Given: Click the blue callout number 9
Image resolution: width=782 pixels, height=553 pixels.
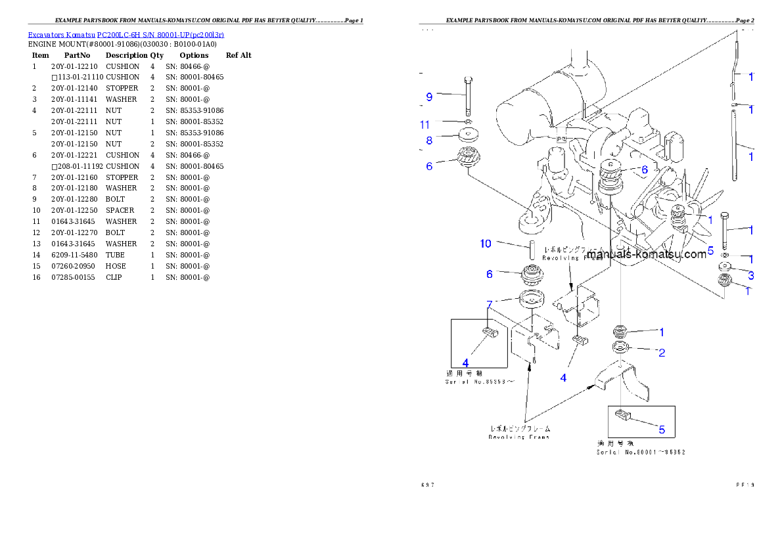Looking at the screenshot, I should tap(429, 97).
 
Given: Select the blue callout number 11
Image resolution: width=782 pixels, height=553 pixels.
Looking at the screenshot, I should tap(425, 124).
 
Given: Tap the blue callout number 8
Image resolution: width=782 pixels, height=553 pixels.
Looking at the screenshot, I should tap(429, 140).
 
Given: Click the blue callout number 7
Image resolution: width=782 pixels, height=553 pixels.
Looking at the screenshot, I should tap(489, 303).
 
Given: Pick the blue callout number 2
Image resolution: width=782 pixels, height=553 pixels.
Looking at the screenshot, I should tap(662, 353).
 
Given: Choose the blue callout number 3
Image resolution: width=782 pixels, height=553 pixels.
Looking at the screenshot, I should tap(750, 275).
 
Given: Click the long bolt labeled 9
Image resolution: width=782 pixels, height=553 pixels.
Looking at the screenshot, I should tap(467, 95).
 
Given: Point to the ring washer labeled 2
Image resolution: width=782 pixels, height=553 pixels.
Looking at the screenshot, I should tap(621, 347).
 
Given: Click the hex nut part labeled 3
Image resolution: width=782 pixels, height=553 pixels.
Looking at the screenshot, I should tap(725, 267).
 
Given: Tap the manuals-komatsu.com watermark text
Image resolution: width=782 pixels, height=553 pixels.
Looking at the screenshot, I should tap(647, 254).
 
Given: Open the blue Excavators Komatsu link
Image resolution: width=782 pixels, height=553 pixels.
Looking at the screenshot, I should tap(126, 34).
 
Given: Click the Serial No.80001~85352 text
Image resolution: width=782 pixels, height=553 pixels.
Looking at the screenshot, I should tap(641, 452).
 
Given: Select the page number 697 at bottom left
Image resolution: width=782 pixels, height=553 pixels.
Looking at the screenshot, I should tap(428, 485).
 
